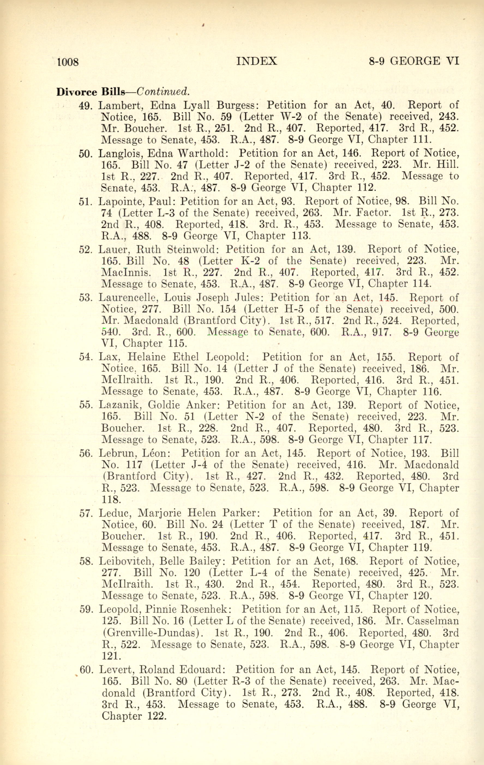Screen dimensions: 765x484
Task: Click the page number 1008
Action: tap(68, 62)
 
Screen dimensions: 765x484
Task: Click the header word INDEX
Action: tap(257, 61)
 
